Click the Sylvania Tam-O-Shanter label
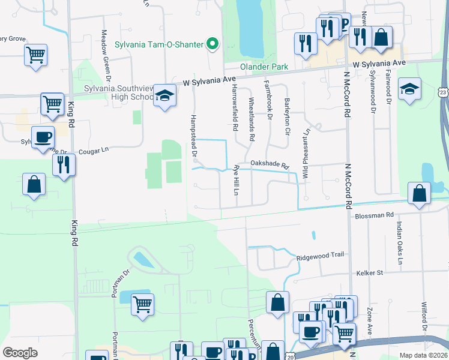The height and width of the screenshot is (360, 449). tap(158, 44)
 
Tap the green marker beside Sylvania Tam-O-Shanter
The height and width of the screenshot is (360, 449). tap(211, 44)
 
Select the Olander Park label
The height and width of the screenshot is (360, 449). tap(264, 67)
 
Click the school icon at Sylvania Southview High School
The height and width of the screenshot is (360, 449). tap(164, 95)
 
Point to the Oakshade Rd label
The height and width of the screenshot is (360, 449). tap(270, 163)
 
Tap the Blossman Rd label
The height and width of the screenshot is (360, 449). tap(374, 215)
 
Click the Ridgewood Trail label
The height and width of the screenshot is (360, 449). tap(321, 255)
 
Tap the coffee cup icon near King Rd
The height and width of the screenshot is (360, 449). tap(43, 138)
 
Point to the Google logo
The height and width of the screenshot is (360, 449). tap(20, 353)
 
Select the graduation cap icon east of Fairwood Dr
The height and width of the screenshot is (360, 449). tap(409, 89)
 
